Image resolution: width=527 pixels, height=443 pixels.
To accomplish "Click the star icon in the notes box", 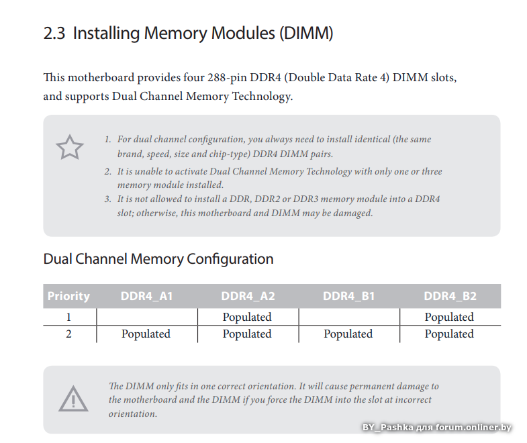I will pyautogui.click(x=70, y=147).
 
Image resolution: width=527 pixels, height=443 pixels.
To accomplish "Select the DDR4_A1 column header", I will pyautogui.click(x=146, y=296).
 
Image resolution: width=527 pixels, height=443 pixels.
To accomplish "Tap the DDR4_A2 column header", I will pyautogui.click(x=248, y=296).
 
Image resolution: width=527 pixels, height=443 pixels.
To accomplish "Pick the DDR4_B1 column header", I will pyautogui.click(x=348, y=296).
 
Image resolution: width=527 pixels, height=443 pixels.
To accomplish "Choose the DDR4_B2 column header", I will pyautogui.click(x=450, y=296).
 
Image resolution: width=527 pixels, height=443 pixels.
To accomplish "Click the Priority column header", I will pyautogui.click(x=68, y=296).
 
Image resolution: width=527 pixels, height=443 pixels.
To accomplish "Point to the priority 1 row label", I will pyautogui.click(x=68, y=317).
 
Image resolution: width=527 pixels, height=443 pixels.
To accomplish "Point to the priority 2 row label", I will pyautogui.click(x=68, y=334).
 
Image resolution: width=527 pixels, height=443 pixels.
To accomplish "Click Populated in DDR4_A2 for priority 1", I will pyautogui.click(x=247, y=317).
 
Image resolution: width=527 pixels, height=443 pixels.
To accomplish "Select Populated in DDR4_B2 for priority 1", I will pyautogui.click(x=449, y=317).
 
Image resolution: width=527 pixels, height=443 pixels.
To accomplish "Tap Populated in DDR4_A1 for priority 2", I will pyautogui.click(x=146, y=334).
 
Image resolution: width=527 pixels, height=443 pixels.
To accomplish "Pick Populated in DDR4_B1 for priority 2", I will pyautogui.click(x=348, y=334).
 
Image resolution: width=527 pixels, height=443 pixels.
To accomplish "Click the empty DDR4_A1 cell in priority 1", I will pyautogui.click(x=146, y=317).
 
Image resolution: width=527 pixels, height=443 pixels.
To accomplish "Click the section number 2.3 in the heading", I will pyautogui.click(x=54, y=33).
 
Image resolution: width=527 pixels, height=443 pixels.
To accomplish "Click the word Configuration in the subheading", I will pyautogui.click(x=230, y=259).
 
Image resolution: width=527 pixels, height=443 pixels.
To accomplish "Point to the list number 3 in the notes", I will pyautogui.click(x=107, y=199).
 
